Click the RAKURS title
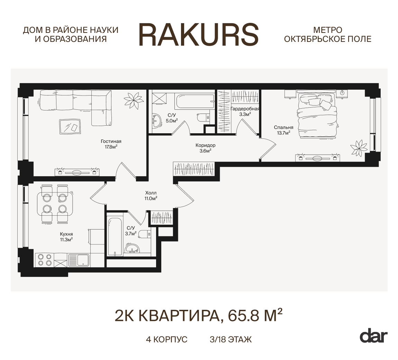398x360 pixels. pos(199,35)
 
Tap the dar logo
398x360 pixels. pos(373,337)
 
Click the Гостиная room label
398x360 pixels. pos(111,142)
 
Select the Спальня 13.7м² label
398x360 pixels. pos(283,130)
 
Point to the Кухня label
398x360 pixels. pos(66,234)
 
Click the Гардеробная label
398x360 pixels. pos(245,109)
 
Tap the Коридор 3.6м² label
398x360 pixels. pos(205,148)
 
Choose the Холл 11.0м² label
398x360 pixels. pos(151,196)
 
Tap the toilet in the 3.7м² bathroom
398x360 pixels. pos(145,234)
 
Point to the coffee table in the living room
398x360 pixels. pos(70,126)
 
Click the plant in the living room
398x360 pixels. pos(134,100)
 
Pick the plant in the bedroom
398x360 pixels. pos(359,147)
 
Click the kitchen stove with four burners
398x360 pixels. pos(45,260)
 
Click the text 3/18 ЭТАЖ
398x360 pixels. pos(231,340)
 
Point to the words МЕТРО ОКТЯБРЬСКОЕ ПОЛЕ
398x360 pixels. pos(328,35)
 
